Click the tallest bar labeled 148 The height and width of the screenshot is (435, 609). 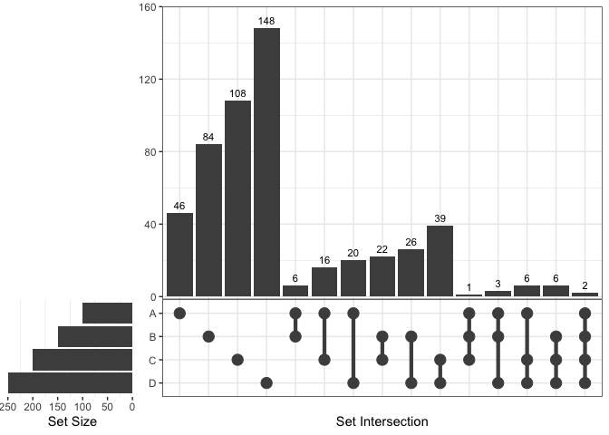(x=266, y=163)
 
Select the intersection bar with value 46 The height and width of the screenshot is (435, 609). (x=179, y=255)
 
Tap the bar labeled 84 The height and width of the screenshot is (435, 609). (x=208, y=220)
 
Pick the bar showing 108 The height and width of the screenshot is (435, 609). (x=237, y=198)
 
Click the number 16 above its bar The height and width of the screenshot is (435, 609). (x=324, y=260)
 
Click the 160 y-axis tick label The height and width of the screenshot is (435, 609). (x=150, y=7)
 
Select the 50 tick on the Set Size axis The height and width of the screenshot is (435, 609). (x=107, y=407)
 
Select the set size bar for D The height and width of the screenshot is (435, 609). (x=71, y=382)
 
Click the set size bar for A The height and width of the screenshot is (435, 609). (x=107, y=313)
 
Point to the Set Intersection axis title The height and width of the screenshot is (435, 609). (x=382, y=422)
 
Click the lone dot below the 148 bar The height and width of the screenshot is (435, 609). (x=266, y=383)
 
